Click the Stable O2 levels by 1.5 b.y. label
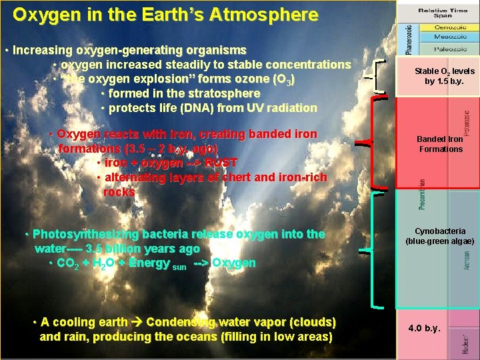[439, 76]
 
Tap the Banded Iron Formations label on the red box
[440, 144]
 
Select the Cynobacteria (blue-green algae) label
[440, 236]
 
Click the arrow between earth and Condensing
[137, 323]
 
